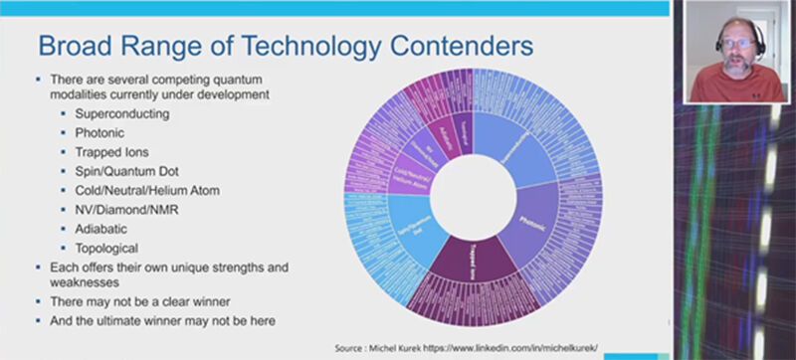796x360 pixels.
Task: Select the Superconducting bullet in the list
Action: click(121, 114)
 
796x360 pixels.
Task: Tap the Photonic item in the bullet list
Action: click(100, 133)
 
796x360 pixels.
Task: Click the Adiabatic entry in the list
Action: click(100, 228)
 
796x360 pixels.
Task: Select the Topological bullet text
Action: click(105, 247)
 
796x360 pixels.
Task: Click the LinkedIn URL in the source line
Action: click(538, 348)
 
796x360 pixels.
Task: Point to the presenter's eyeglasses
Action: click(736, 43)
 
